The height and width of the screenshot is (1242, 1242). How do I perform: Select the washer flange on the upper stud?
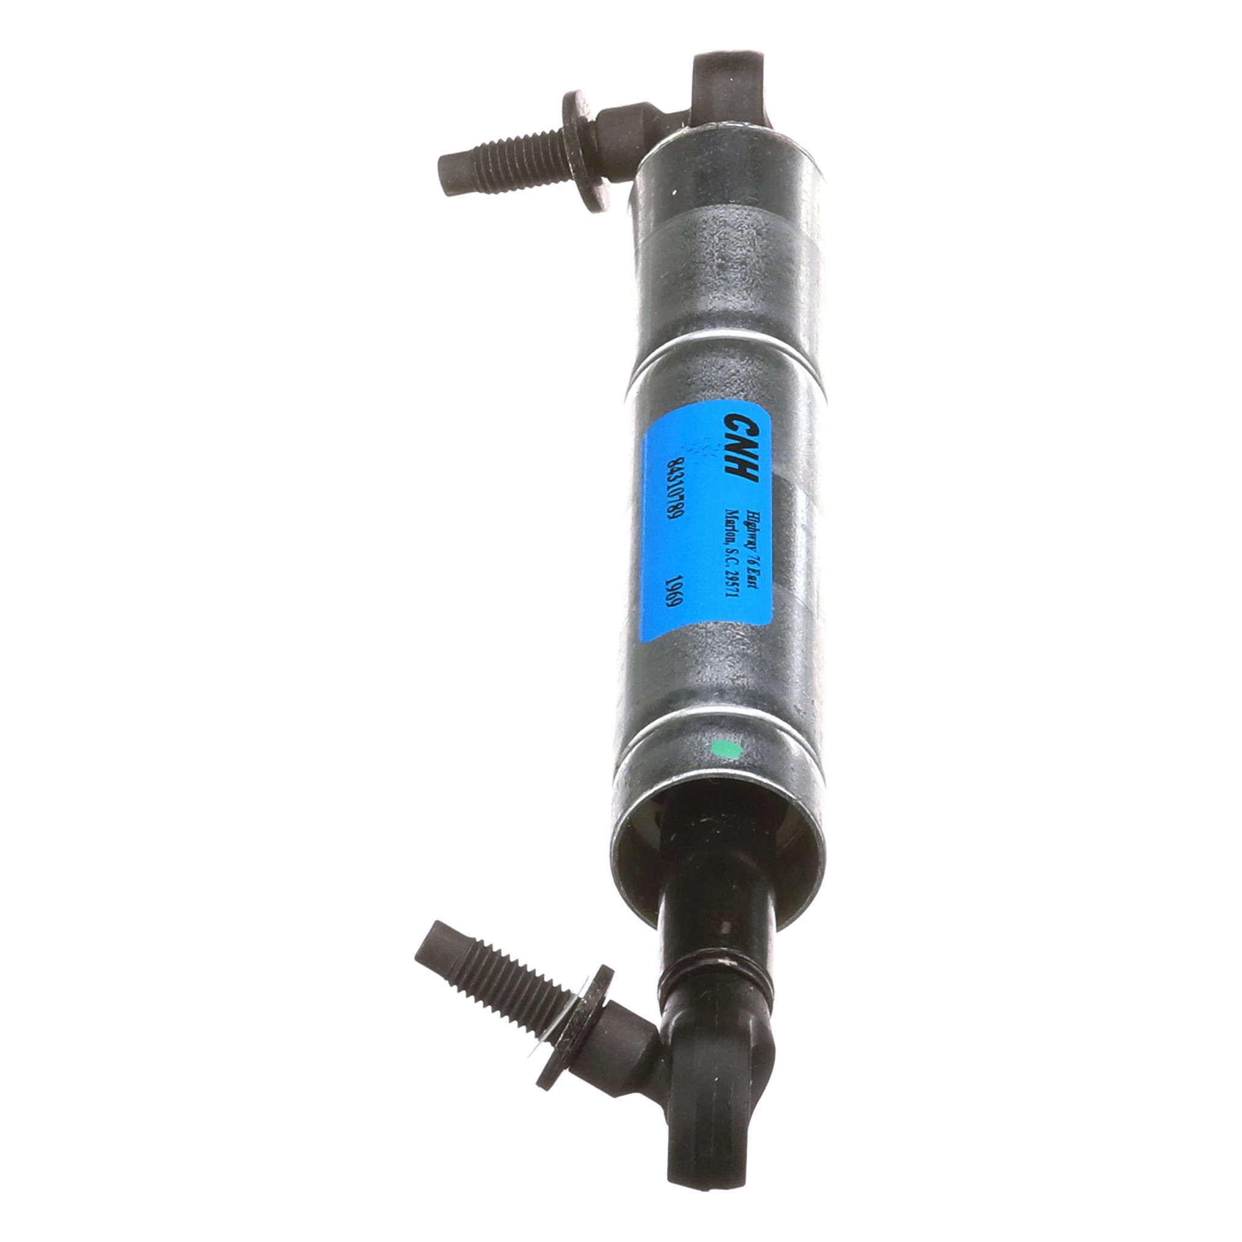click(x=582, y=151)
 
